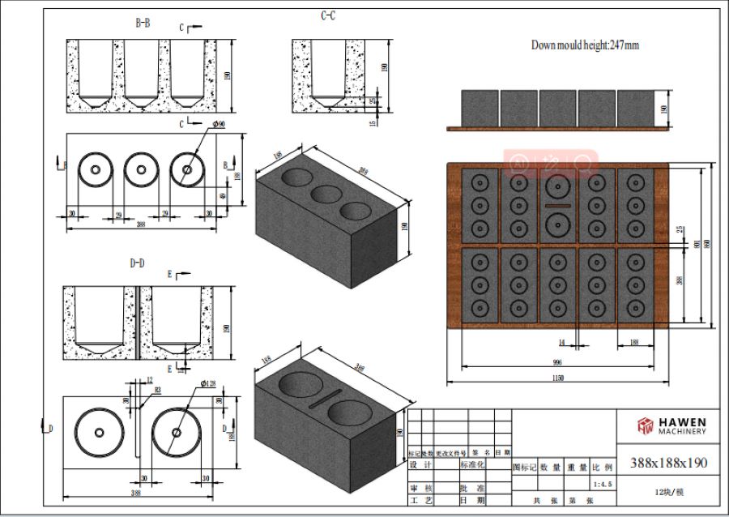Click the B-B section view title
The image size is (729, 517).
(x=142, y=23)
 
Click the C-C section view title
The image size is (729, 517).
(x=327, y=15)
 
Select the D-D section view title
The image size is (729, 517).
(x=137, y=263)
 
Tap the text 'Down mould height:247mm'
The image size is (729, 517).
(x=585, y=45)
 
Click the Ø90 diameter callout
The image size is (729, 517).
(x=218, y=123)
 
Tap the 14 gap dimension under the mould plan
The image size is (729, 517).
(x=561, y=343)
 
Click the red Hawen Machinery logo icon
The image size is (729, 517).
(x=645, y=425)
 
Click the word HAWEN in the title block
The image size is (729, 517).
(x=683, y=422)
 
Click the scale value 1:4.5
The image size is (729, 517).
(x=603, y=484)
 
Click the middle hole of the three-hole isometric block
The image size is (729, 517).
(x=326, y=194)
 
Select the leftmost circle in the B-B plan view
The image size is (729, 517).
(x=96, y=169)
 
